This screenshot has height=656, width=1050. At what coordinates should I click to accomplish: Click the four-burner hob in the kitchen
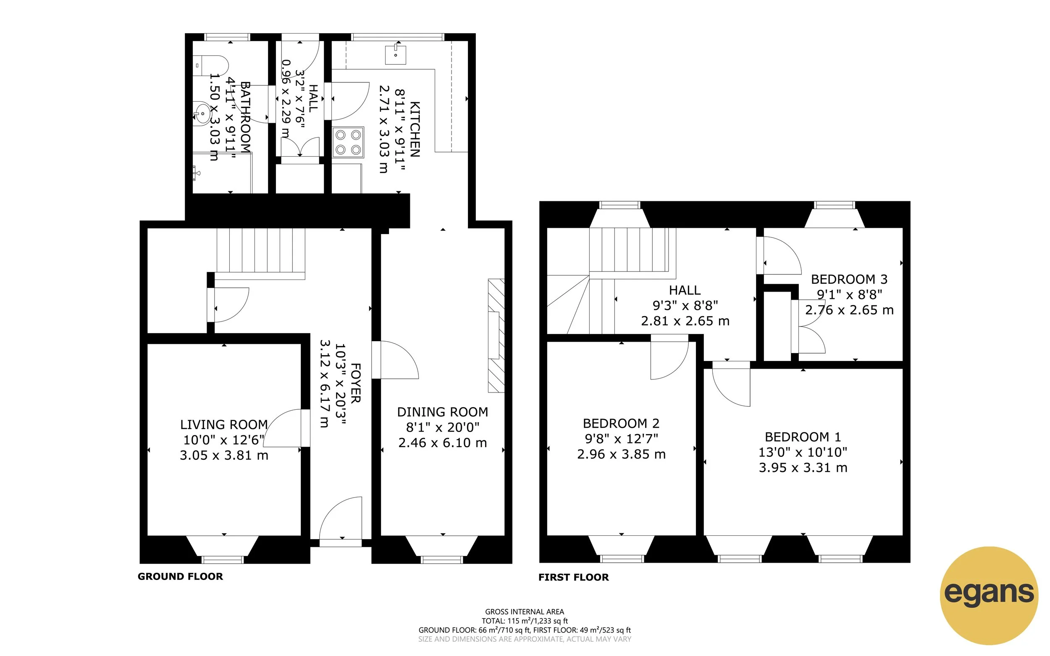(x=348, y=142)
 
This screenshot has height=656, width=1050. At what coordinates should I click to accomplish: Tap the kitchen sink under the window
(x=395, y=55)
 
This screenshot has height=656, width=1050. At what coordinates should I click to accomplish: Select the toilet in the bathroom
(x=211, y=66)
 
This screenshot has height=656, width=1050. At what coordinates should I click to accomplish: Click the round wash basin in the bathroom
(x=202, y=113)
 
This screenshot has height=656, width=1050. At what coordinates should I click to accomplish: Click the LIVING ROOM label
(x=224, y=424)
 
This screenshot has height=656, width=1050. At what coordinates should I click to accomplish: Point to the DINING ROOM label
(x=442, y=412)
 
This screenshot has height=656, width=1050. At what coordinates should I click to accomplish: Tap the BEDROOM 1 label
(x=803, y=437)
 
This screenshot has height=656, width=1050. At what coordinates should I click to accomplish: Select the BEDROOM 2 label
(x=621, y=423)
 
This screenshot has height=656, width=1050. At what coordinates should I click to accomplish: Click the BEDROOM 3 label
(x=849, y=279)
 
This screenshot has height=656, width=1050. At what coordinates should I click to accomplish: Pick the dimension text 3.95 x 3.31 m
(x=803, y=468)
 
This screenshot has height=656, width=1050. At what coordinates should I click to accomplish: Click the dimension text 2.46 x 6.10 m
(x=442, y=443)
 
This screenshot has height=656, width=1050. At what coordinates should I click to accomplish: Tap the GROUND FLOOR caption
(x=180, y=576)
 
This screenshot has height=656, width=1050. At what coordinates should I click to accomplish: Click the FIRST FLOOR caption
(x=573, y=577)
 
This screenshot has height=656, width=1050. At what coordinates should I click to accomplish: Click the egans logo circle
(x=989, y=595)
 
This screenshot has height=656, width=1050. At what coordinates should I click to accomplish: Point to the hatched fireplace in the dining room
(x=496, y=335)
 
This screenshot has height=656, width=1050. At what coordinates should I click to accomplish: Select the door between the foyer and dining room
(x=394, y=360)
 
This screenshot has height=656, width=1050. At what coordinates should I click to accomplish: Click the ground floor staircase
(x=260, y=250)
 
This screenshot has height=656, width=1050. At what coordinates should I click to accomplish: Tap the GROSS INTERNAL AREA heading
(x=524, y=612)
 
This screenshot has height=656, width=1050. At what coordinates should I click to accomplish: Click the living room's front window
(x=223, y=560)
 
